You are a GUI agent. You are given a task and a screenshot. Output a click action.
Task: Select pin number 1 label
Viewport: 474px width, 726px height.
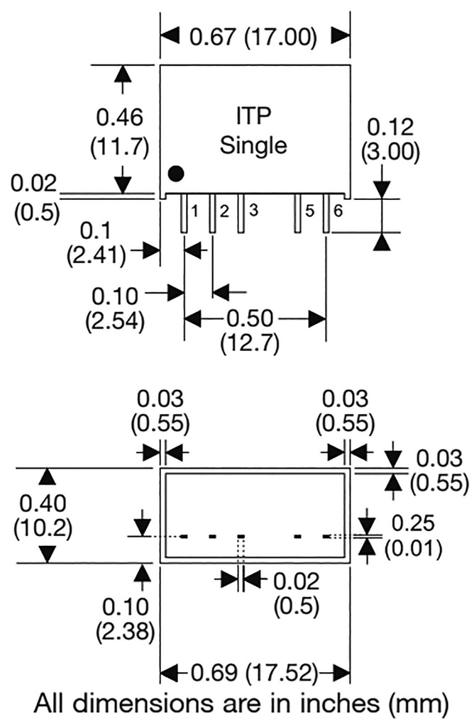tap(193, 211)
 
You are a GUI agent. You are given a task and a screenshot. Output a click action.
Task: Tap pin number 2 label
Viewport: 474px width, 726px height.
tap(224, 211)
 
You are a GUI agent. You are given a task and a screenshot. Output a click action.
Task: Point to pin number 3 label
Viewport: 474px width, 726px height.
tap(252, 211)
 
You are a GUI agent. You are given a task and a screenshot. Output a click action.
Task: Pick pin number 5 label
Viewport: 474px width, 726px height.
tap(309, 211)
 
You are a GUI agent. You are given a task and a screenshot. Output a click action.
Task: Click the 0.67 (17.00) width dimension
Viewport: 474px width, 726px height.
tap(254, 36)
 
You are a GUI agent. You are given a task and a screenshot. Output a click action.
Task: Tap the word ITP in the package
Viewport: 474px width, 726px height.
tap(253, 116)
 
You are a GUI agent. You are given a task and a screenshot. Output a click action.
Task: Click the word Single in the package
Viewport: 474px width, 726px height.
tap(253, 145)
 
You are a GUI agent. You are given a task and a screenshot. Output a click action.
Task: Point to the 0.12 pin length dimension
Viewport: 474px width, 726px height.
tap(390, 128)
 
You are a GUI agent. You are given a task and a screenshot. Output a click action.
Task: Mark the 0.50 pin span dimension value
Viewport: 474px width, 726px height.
tap(255, 318)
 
